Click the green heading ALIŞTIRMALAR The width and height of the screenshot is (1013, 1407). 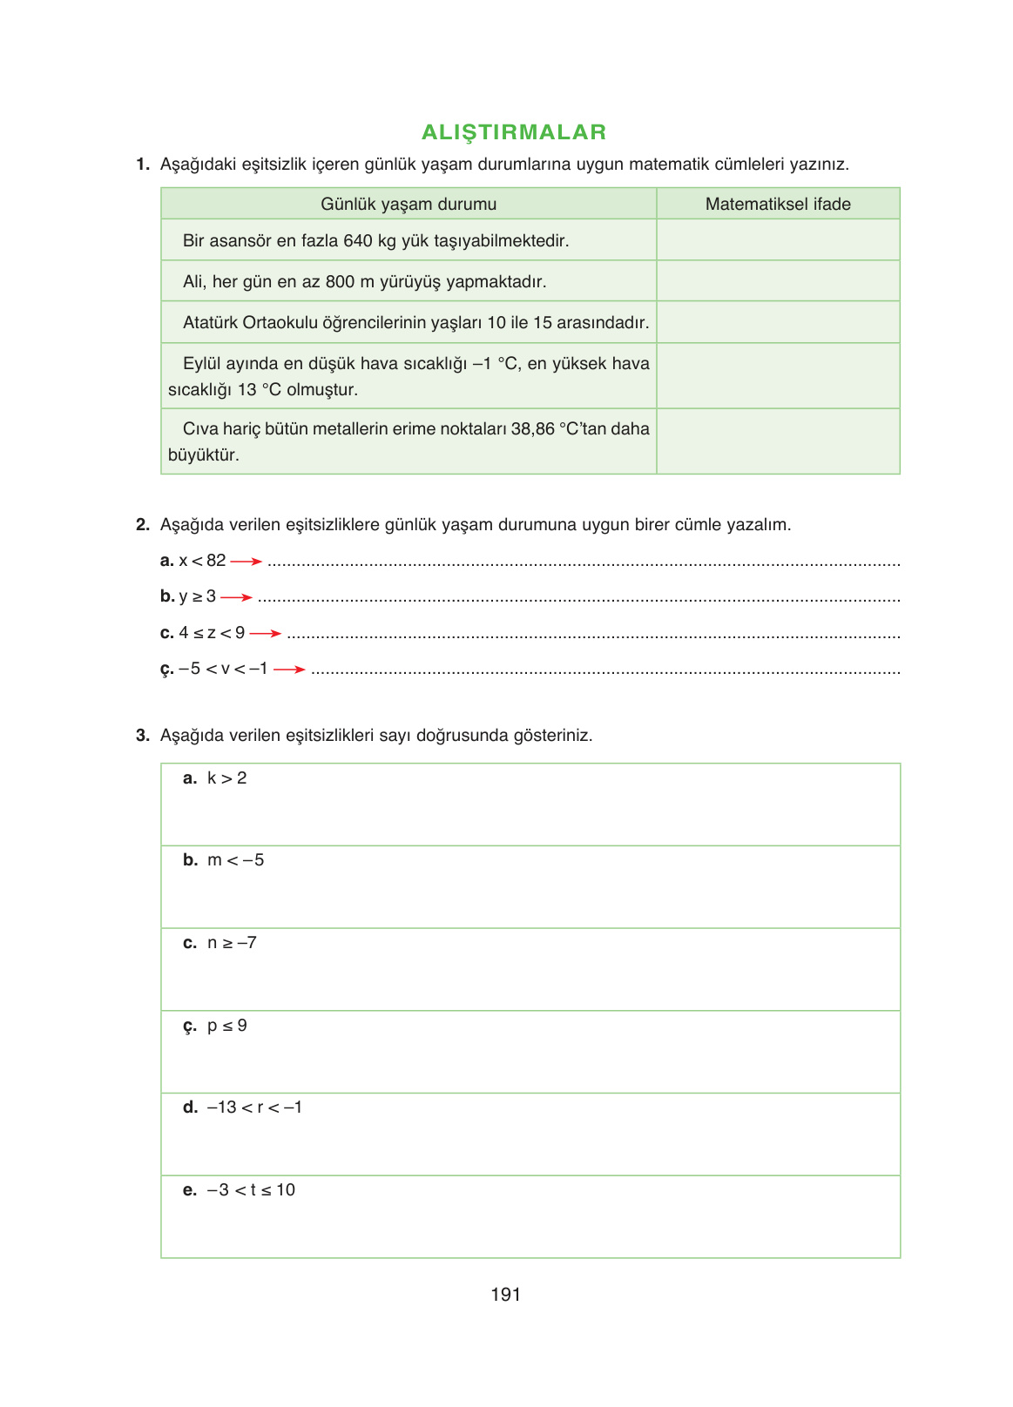514,132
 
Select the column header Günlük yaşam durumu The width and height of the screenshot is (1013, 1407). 409,205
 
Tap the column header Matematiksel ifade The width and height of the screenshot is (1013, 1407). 778,205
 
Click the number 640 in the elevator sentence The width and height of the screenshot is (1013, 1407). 358,241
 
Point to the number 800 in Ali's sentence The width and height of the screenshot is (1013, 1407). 340,282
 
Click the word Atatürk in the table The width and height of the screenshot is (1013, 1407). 210,323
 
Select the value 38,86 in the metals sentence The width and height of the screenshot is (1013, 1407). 533,429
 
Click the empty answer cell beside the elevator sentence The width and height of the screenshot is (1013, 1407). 778,240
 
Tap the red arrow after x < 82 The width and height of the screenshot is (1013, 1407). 246,562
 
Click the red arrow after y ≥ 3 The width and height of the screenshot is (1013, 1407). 237,597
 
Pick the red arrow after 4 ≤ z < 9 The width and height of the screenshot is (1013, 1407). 266,634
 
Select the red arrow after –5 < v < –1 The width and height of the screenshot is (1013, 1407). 290,670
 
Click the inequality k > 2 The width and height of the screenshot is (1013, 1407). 227,778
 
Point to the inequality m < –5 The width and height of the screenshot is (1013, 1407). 235,860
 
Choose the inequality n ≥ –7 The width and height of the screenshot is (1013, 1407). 232,943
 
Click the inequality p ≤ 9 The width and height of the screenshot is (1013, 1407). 227,1026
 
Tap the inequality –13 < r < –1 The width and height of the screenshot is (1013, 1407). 254,1107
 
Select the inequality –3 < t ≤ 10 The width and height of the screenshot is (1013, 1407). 251,1190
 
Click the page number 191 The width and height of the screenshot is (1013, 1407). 505,1295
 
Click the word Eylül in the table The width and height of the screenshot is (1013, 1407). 201,364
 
